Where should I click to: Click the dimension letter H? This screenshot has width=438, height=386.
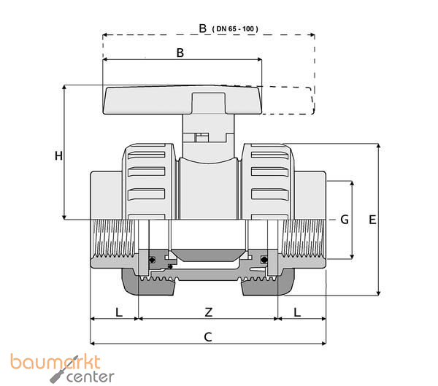(58, 155)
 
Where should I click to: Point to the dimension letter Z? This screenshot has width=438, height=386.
(208, 312)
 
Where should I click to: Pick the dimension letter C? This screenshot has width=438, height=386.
(208, 337)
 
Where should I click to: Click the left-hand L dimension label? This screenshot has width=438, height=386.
(118, 312)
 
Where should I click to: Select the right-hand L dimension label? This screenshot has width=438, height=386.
(297, 312)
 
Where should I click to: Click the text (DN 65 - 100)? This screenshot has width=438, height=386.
(236, 28)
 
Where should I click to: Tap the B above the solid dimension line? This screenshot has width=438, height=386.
(180, 53)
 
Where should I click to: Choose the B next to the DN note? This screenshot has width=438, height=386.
(203, 28)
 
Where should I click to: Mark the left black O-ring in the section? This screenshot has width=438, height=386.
(152, 260)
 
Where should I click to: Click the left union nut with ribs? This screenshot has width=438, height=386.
(150, 182)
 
